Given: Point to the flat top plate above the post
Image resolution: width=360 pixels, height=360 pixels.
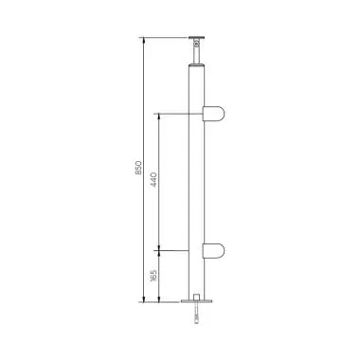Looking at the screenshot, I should coord(197,39).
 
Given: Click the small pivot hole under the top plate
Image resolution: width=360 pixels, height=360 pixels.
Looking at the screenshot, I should coord(197,45).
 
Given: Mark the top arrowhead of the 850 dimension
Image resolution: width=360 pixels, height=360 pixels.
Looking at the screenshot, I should coord(144,41).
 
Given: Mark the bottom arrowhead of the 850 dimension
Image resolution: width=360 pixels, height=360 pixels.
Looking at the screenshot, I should coord(144,300).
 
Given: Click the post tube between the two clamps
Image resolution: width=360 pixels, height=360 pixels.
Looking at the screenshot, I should coord(197,180).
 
